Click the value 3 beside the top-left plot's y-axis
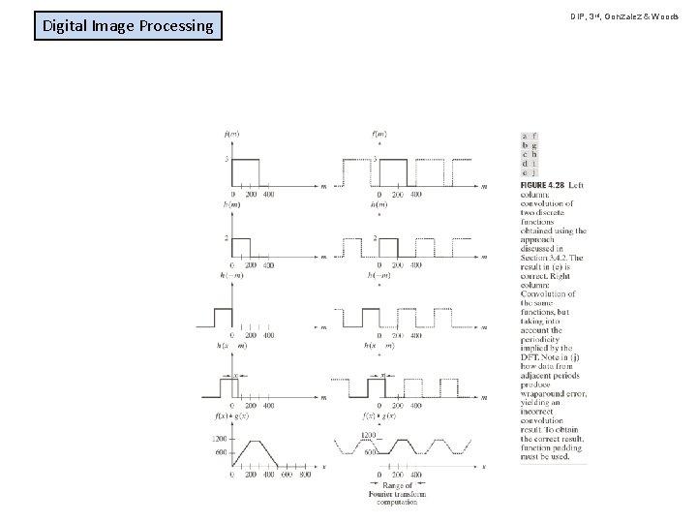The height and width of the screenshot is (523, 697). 226,159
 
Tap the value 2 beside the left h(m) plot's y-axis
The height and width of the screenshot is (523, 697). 226,238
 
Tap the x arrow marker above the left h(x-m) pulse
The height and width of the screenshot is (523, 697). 235,374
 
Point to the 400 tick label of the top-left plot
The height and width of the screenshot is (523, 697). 268,194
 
